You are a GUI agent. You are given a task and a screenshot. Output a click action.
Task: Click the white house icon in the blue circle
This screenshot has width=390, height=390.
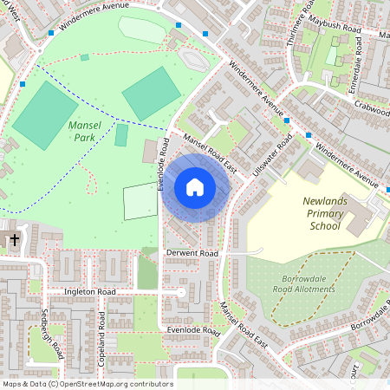195,186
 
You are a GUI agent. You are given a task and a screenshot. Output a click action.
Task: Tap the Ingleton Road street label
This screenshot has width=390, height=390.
89,293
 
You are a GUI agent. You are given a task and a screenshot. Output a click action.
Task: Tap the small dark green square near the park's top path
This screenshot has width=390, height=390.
84,57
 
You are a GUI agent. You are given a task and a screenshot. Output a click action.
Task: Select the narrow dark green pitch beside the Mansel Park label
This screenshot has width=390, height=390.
121,135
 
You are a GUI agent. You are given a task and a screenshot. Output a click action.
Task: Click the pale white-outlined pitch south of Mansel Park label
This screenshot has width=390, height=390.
140,201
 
